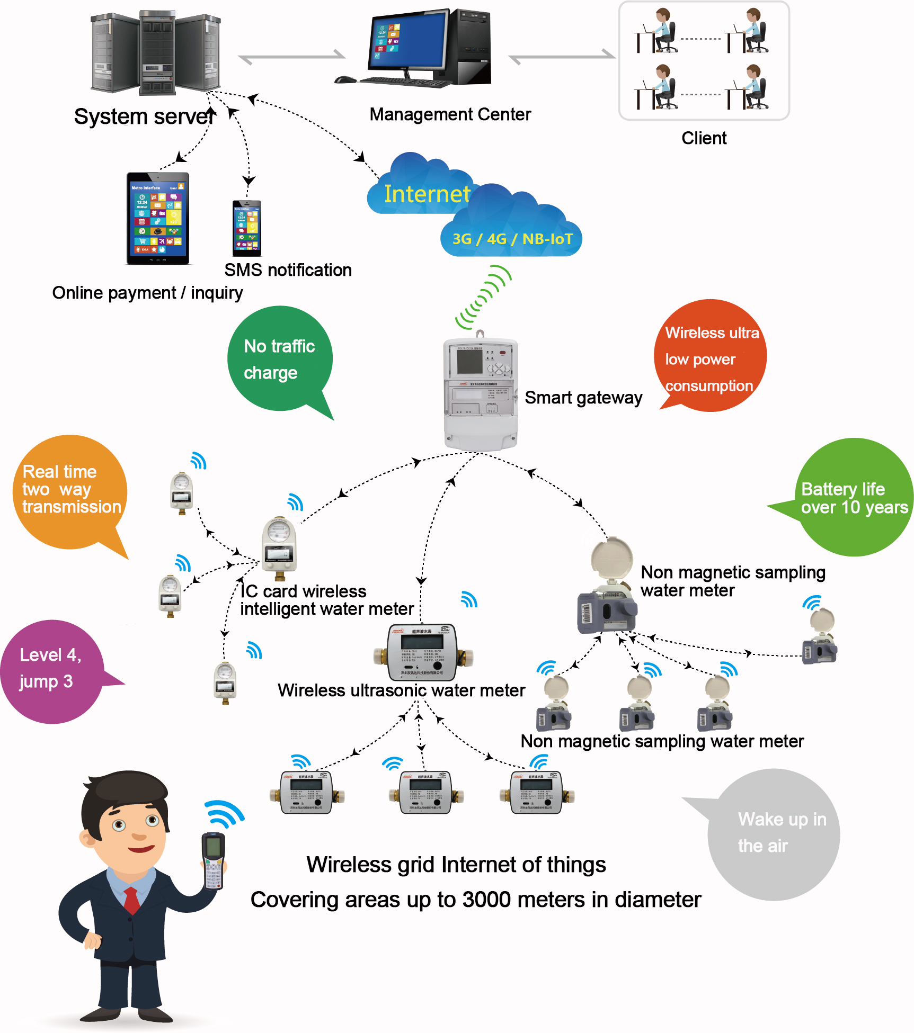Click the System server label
145,116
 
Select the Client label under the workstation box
704,138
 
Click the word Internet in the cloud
427,194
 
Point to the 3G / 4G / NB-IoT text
512,239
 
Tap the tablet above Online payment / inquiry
158,218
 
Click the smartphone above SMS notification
247,228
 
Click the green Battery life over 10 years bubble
853,497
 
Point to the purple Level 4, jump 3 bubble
50,670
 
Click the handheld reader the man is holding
214,860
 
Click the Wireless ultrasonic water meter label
401,690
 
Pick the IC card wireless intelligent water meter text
326,600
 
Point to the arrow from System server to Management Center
291,56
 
